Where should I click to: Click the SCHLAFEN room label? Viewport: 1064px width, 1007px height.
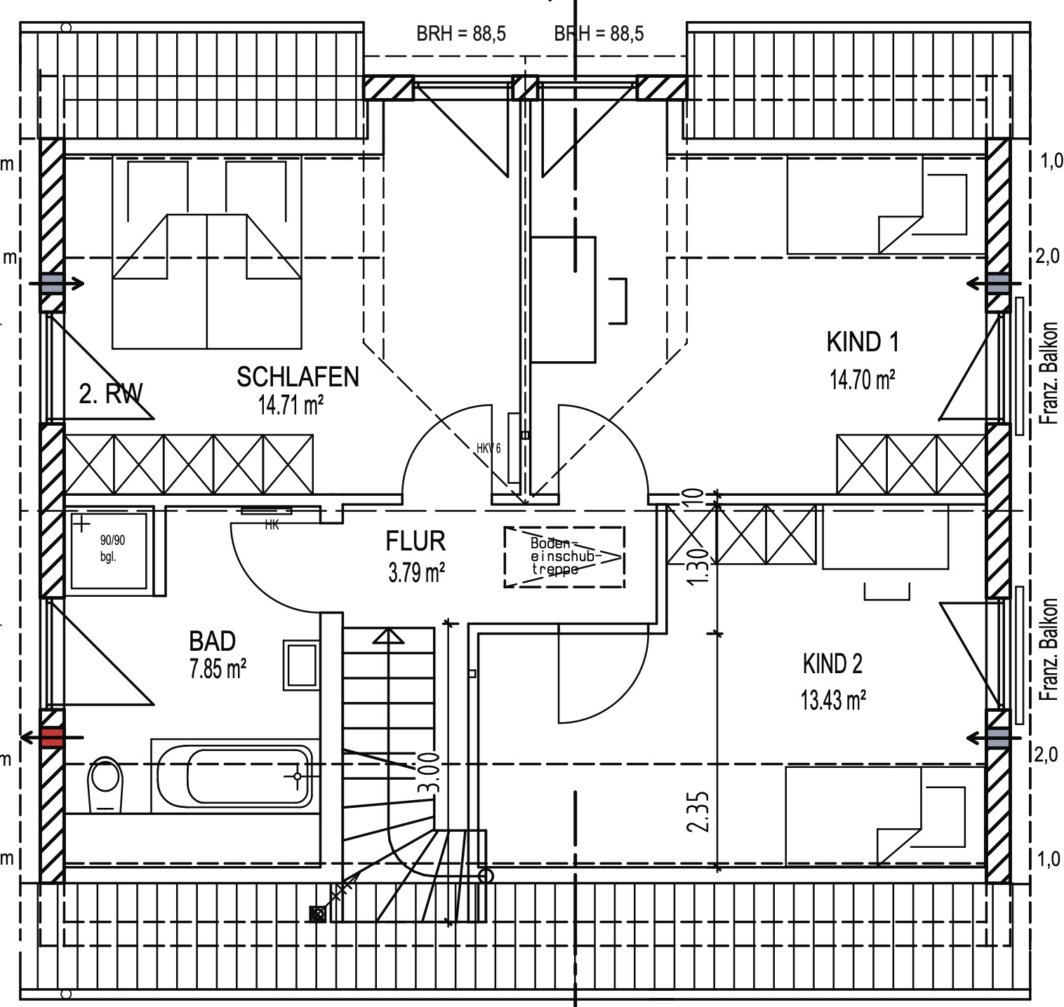pyautogui.click(x=298, y=377)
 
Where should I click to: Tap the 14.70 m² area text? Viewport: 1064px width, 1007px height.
pyautogui.click(x=862, y=380)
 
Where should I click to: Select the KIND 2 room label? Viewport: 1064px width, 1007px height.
pyautogui.click(x=832, y=663)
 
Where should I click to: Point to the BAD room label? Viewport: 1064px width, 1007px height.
pyautogui.click(x=212, y=641)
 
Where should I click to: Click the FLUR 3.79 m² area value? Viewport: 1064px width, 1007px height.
pyautogui.click(x=416, y=573)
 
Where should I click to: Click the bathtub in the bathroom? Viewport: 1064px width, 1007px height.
pyautogui.click(x=234, y=776)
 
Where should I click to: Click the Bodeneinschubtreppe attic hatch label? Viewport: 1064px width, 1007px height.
pyautogui.click(x=564, y=557)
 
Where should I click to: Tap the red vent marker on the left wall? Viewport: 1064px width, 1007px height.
pyautogui.click(x=52, y=737)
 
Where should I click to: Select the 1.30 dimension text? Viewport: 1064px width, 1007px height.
pyautogui.click(x=696, y=567)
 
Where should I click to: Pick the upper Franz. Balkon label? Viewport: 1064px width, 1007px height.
pyautogui.click(x=1050, y=373)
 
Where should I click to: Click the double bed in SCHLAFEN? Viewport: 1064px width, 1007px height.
pyautogui.click(x=207, y=281)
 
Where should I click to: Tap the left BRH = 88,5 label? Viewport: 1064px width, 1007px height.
pyautogui.click(x=461, y=34)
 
